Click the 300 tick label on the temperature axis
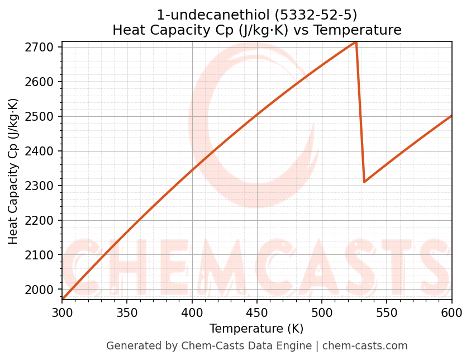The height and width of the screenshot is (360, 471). (x=62, y=313)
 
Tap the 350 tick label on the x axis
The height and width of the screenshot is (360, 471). (x=127, y=313)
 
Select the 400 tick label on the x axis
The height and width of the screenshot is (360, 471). (x=192, y=313)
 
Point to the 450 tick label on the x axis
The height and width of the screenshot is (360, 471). (x=257, y=313)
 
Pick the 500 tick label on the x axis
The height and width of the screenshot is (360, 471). (x=322, y=313)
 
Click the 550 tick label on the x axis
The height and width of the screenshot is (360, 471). (x=387, y=313)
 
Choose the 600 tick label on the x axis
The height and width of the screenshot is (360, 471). (x=451, y=313)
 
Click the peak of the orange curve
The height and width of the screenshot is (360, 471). (x=356, y=42)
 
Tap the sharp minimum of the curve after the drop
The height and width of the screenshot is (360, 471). (x=364, y=182)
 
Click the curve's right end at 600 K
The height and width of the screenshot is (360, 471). (x=451, y=116)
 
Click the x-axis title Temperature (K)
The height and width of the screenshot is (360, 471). (x=256, y=329)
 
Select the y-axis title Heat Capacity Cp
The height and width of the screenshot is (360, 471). (x=13, y=170)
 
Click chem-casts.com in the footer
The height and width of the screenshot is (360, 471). (x=365, y=346)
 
